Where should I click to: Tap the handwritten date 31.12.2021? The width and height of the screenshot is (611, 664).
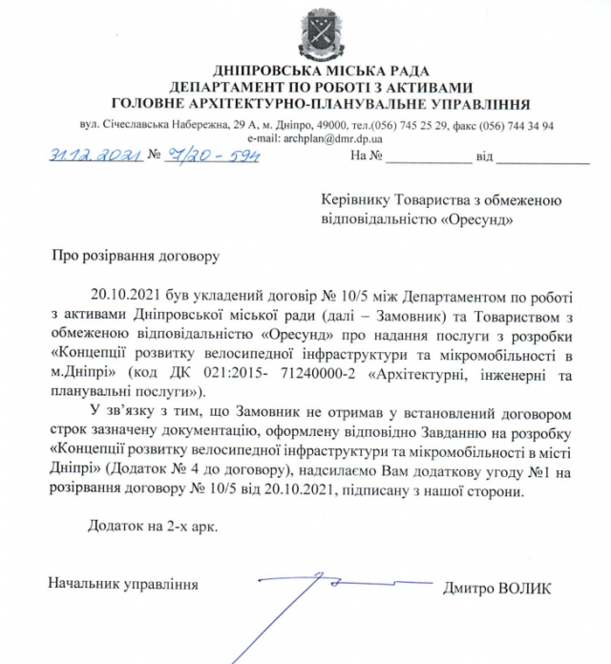(x=89, y=156)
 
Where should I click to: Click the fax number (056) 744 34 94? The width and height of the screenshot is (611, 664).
(x=526, y=125)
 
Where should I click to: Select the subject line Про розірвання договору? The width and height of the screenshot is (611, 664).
(x=135, y=256)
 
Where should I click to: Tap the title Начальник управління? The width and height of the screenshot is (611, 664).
(x=123, y=583)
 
